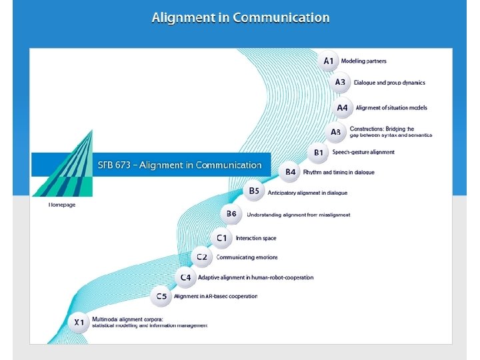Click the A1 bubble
point(329,61)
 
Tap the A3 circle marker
point(340,83)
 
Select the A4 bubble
point(342,107)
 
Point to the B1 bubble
point(319,153)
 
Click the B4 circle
point(291,172)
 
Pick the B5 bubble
point(254,191)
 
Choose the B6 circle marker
point(231,214)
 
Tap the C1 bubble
point(221,237)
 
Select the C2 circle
point(201,257)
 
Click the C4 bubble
point(185,277)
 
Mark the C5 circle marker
point(162,296)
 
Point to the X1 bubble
point(79,323)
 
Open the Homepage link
point(62,205)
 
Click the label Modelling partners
point(364,61)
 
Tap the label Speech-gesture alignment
point(363,153)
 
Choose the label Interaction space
point(256,238)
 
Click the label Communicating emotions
point(247,257)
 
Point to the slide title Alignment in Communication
point(241,18)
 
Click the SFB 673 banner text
point(180,165)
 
